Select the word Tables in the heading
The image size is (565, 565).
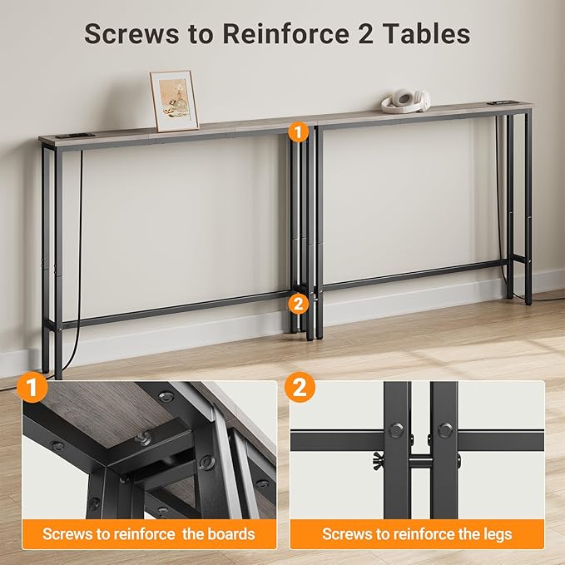tap(433, 34)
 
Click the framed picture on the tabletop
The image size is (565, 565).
tap(174, 100)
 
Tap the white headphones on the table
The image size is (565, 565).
tap(405, 100)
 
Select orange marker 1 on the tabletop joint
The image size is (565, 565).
tap(297, 131)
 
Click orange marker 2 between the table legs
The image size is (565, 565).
tap(297, 304)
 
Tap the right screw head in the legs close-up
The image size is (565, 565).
tap(444, 430)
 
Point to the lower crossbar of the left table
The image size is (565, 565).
tap(175, 308)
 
